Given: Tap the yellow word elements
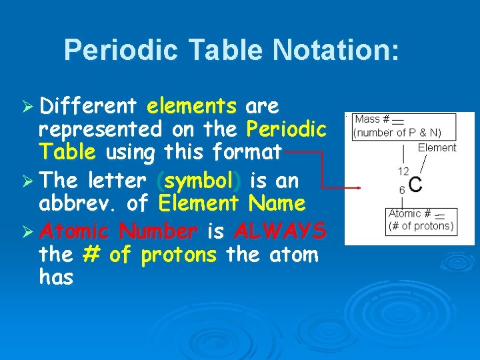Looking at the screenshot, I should click(x=192, y=106).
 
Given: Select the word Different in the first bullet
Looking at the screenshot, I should click(x=88, y=106).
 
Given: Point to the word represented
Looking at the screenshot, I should click(x=101, y=129).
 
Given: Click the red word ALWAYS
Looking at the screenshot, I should click(x=280, y=231).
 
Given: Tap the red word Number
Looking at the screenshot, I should click(x=158, y=231).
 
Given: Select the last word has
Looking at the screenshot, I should click(x=56, y=277).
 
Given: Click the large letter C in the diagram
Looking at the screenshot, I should click(x=415, y=184).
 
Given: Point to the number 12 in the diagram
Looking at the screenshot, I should click(x=403, y=171).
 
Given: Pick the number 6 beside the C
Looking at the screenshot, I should click(x=402, y=190).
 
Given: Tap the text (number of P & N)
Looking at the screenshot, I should click(x=397, y=132).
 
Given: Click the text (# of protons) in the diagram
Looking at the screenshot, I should click(x=421, y=225).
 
